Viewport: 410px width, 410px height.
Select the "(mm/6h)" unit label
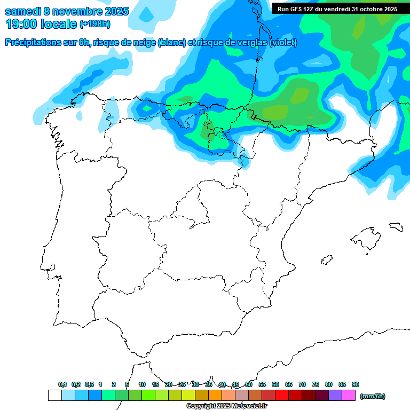(372, 396)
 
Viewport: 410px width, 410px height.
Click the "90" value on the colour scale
(356, 384)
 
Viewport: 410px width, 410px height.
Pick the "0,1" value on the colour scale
(62, 384)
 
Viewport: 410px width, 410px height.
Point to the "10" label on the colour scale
(142, 384)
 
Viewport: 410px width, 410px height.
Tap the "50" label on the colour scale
(249, 384)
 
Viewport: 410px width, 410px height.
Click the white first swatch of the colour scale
(54, 396)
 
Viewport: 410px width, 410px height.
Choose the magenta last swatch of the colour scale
(349, 396)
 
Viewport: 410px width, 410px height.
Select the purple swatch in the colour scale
(335, 396)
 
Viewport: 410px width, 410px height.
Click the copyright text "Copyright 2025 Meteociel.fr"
(226, 406)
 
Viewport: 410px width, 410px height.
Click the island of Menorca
(396, 226)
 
